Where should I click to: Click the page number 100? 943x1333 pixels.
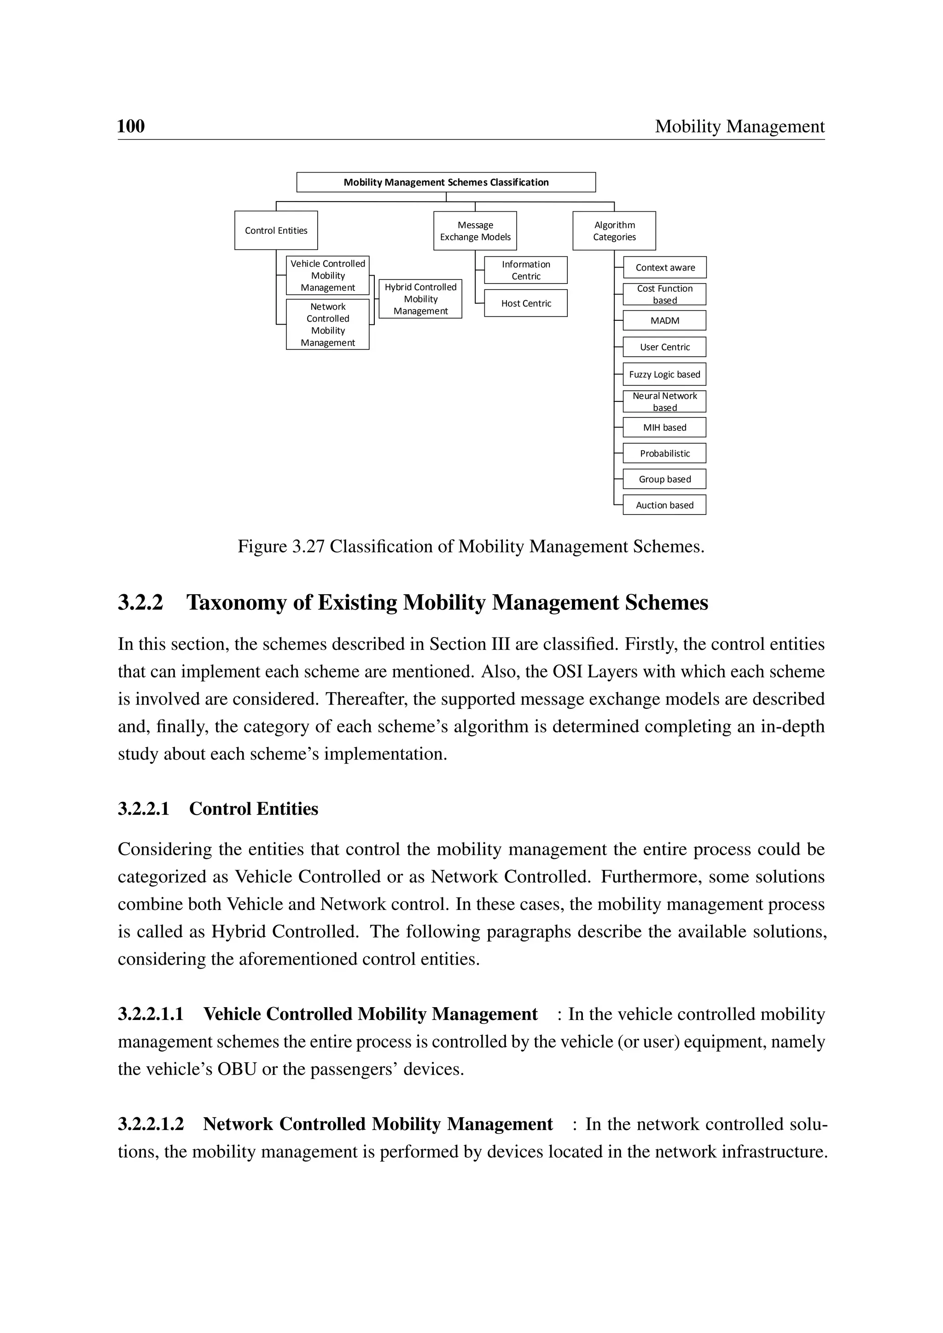pyautogui.click(x=131, y=126)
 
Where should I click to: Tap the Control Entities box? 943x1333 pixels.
pyautogui.click(x=276, y=231)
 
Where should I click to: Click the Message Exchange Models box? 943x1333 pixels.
pyautogui.click(x=475, y=231)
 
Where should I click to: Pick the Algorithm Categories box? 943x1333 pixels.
pyautogui.click(x=614, y=231)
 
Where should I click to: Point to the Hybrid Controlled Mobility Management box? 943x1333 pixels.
pyautogui.click(x=420, y=299)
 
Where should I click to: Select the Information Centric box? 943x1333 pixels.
pyautogui.click(x=525, y=270)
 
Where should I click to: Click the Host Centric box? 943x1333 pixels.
pyautogui.click(x=525, y=303)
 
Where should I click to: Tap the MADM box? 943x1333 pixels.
pyautogui.click(x=664, y=320)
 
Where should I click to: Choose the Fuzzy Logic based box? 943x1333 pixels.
pyautogui.click(x=664, y=375)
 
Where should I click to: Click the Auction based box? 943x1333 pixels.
pyautogui.click(x=664, y=505)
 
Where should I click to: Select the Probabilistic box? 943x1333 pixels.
pyautogui.click(x=664, y=453)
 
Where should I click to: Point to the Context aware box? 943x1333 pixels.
pyautogui.click(x=665, y=267)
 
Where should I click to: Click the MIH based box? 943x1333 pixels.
pyautogui.click(x=664, y=427)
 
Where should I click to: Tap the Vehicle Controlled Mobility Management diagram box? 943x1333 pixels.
pyautogui.click(x=327, y=276)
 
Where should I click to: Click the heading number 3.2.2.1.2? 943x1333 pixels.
pyautogui.click(x=151, y=1124)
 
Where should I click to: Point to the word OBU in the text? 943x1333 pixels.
pyautogui.click(x=237, y=1069)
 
